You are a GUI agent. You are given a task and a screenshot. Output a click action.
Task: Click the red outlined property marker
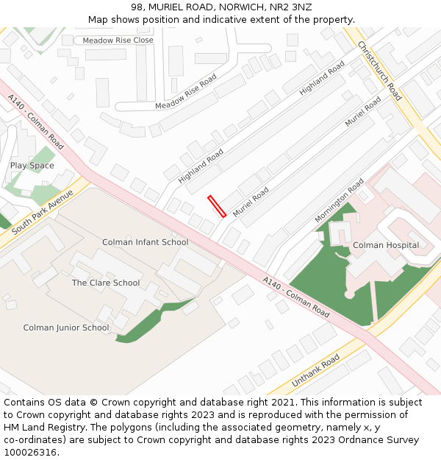(x=217, y=206)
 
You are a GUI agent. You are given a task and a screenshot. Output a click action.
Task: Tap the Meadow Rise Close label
(x=118, y=40)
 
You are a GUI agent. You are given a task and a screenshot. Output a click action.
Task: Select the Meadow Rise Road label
(x=186, y=92)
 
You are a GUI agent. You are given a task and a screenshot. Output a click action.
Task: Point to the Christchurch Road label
(x=379, y=71)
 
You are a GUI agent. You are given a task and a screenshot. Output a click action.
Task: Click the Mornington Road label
(x=339, y=200)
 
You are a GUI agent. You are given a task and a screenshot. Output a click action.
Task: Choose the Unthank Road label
(x=315, y=371)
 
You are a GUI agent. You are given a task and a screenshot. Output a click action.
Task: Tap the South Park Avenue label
(x=43, y=212)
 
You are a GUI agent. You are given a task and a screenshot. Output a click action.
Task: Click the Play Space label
(x=32, y=166)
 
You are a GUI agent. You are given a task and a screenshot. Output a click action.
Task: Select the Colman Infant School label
(x=145, y=242)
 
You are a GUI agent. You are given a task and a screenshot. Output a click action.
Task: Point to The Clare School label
(x=106, y=283)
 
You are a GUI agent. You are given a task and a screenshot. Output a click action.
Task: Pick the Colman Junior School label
(x=66, y=328)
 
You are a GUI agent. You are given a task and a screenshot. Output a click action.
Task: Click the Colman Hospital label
(x=386, y=245)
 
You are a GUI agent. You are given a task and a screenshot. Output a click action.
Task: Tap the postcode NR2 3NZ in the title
(x=291, y=7)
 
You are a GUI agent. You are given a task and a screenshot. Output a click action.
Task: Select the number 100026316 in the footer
(x=29, y=453)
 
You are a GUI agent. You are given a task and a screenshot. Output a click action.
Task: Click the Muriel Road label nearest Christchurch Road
(x=364, y=110)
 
